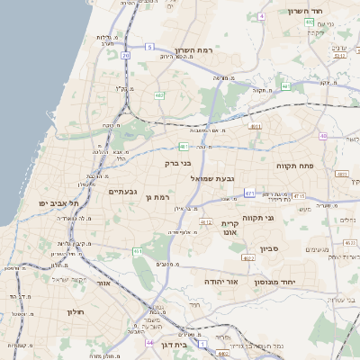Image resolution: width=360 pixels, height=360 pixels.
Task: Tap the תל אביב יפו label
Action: coord(55,203)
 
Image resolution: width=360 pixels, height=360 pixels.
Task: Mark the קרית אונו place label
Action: coord(230,229)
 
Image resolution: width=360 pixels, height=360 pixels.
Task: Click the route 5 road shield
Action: coord(150,46)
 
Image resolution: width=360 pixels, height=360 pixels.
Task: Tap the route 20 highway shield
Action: coord(126,56)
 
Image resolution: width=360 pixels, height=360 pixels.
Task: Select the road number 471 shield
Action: coord(248,193)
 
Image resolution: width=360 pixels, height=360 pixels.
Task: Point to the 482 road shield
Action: coord(159,94)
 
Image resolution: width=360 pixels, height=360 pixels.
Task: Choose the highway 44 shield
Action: coord(148,342)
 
